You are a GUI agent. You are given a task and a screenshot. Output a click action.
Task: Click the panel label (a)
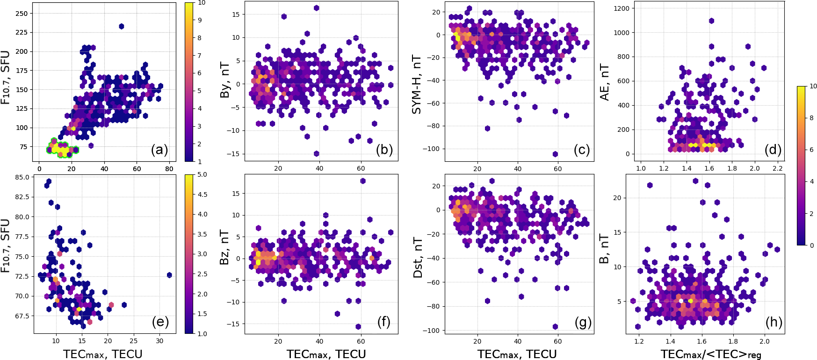pos(159,150)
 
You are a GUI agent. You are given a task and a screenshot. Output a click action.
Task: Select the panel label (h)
pos(774,322)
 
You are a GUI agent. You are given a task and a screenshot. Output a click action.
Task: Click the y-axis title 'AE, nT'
pos(605,82)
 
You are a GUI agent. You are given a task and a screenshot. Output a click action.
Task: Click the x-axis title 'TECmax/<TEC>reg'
pos(711,354)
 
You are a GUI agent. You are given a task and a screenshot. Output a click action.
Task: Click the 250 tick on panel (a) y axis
pos(22,14)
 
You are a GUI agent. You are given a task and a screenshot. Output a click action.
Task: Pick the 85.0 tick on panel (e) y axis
pos(22,178)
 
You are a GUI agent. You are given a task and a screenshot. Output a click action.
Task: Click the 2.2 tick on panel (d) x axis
pos(777,168)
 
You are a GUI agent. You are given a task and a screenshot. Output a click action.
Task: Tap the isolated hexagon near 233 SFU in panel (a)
pos(122,27)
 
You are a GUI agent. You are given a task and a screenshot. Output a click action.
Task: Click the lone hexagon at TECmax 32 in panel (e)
pos(169,275)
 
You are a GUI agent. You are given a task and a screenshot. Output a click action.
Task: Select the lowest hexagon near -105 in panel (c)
pos(555,154)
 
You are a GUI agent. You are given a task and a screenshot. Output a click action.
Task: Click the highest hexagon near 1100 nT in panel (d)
pos(711,21)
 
